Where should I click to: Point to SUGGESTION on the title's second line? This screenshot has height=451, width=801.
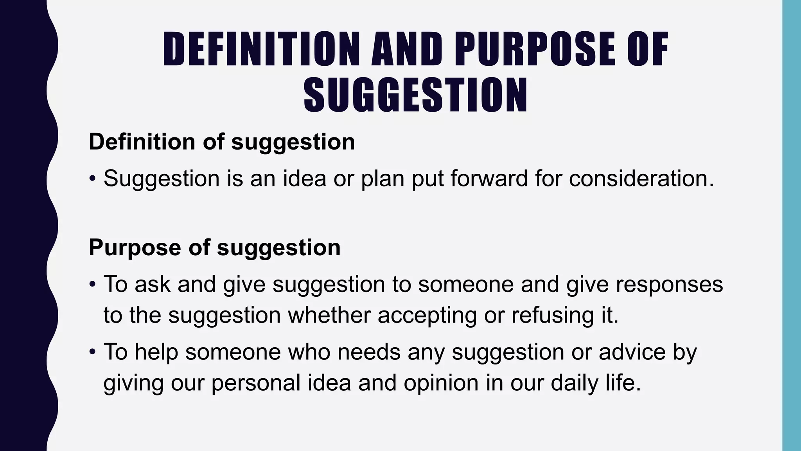pyautogui.click(x=416, y=96)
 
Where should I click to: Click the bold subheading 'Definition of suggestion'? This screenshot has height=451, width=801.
pyautogui.click(x=222, y=141)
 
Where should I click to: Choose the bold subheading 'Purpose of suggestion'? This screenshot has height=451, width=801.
pyautogui.click(x=215, y=247)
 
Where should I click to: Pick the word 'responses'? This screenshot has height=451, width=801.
pyautogui.click(x=669, y=284)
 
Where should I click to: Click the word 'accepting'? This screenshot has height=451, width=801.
pyautogui.click(x=427, y=316)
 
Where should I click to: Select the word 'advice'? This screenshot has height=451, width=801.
pyautogui.click(x=632, y=351)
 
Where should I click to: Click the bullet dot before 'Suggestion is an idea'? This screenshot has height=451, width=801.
pyautogui.click(x=92, y=179)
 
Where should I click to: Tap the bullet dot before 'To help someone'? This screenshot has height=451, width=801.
pyautogui.click(x=92, y=352)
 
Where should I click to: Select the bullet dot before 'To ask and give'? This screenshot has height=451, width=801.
pyautogui.click(x=92, y=285)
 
